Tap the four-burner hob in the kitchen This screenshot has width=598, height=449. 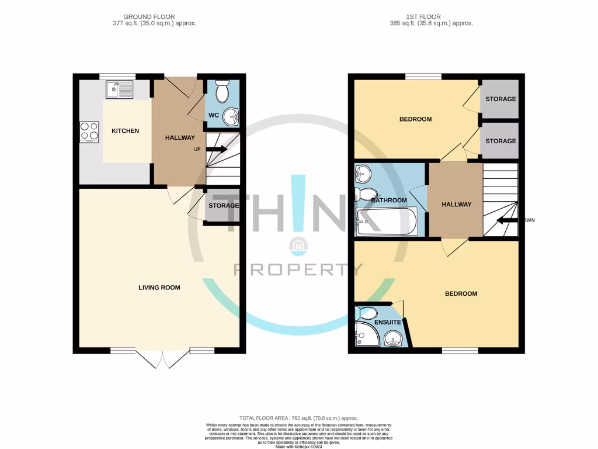pos(89,132)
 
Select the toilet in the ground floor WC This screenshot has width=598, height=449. pos(222,92)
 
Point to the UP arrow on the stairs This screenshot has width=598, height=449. pos(215,149)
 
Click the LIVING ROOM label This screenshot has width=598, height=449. pos(159,288)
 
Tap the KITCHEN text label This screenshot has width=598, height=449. pos(126,131)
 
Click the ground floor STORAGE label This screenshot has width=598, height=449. pos(224,206)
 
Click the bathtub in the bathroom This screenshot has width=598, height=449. pos(386,222)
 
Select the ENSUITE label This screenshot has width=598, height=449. pos(388,322)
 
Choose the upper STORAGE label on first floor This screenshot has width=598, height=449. pos(500,99)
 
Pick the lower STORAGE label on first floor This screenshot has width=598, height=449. pos(500,141)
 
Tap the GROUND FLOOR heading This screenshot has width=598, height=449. pos(149,17)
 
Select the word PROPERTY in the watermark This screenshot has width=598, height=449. pos(298,270)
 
